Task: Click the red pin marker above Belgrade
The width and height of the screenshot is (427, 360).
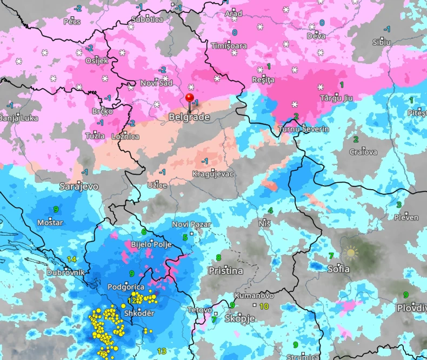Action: [x=189, y=98]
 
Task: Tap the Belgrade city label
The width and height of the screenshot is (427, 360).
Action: [x=185, y=116]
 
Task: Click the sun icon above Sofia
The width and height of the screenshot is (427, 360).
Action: [x=351, y=252]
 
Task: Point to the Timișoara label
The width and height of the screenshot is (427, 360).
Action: [x=229, y=46]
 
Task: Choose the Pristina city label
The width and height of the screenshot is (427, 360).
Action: [x=226, y=271]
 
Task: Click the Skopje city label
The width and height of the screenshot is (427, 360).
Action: [x=239, y=318]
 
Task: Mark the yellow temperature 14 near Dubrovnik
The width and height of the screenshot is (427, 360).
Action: [x=72, y=260]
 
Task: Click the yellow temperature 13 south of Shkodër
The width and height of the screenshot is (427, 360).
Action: [x=162, y=351]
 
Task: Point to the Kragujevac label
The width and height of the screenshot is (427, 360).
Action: [x=213, y=174]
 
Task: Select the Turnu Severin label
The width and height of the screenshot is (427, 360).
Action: [x=303, y=130]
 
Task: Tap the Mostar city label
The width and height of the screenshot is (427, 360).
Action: [x=50, y=223]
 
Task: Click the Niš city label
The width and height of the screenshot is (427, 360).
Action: [x=264, y=223]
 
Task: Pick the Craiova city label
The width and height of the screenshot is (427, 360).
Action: [x=363, y=152]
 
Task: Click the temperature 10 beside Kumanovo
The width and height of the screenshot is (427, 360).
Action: [x=264, y=306]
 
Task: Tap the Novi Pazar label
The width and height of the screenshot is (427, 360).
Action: [x=191, y=224]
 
